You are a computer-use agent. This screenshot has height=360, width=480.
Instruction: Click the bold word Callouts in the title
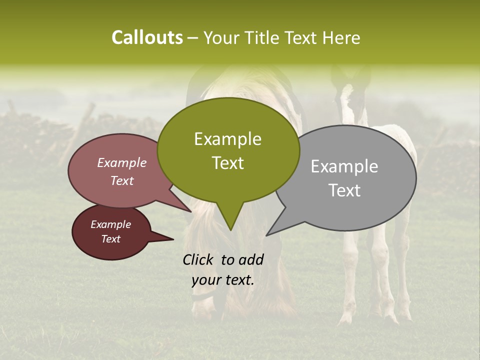[x=147, y=37]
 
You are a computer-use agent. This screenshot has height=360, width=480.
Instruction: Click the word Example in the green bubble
[x=227, y=139]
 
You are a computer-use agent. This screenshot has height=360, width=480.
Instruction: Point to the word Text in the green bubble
[x=228, y=163]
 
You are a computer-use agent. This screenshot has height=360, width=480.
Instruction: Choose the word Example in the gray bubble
[x=344, y=166]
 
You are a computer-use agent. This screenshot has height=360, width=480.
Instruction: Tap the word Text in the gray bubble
[x=345, y=190]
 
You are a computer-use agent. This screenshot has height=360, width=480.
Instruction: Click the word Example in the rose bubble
[x=122, y=163]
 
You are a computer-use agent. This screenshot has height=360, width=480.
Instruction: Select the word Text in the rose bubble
[x=122, y=180]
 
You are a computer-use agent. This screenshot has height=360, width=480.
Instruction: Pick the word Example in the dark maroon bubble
[x=111, y=224]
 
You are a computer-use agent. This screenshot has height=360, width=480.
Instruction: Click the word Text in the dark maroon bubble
[x=111, y=239]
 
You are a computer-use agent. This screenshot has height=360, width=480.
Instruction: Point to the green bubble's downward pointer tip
[x=230, y=229]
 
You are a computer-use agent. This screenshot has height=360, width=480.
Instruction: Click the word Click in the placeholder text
[x=198, y=259]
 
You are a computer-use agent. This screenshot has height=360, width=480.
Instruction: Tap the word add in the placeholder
[x=251, y=259]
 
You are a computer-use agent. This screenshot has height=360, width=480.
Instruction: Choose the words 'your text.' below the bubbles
[x=223, y=280]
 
